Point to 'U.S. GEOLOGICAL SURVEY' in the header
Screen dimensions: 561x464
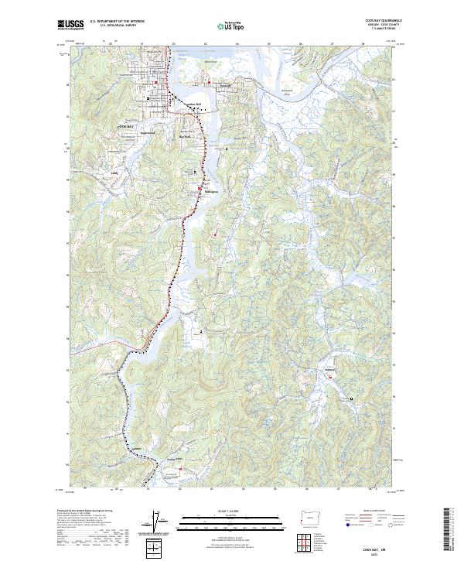click(x=116, y=26)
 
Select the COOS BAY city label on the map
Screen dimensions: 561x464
click(x=126, y=125)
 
